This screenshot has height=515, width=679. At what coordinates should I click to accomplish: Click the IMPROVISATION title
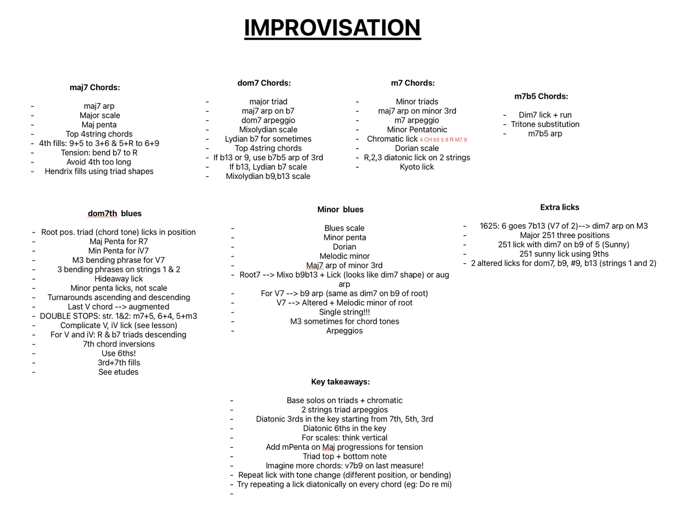(x=332, y=28)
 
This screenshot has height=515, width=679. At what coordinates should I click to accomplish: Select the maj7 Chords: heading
(x=94, y=87)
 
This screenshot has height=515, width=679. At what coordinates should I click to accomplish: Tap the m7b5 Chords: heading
(x=541, y=96)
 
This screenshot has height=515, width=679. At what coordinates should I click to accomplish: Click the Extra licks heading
(x=560, y=207)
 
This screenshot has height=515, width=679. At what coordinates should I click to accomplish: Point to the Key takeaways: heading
(x=340, y=382)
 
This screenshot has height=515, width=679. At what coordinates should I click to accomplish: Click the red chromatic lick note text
(x=443, y=140)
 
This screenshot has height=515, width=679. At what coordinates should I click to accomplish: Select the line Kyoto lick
(x=417, y=167)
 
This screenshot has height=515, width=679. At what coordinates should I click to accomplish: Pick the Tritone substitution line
(x=545, y=124)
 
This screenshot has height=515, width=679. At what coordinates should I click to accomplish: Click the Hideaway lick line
(x=118, y=279)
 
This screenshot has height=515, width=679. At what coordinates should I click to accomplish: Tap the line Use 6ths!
(x=118, y=353)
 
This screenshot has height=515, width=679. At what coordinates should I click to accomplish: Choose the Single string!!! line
(x=345, y=312)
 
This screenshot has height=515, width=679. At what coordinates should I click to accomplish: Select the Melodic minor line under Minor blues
(x=345, y=256)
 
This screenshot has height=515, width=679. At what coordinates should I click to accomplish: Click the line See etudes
(x=118, y=372)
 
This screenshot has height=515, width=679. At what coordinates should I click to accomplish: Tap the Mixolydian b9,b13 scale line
(x=268, y=176)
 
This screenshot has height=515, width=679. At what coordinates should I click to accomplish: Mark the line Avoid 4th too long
(x=99, y=162)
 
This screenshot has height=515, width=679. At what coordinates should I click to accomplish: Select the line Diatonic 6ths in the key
(x=345, y=428)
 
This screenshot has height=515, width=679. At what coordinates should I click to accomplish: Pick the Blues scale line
(x=345, y=228)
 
